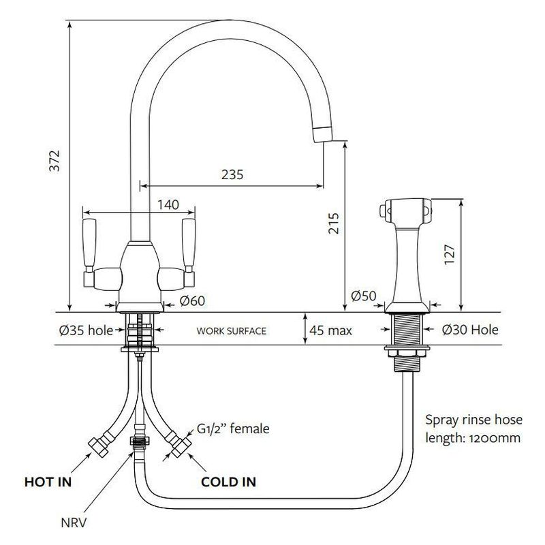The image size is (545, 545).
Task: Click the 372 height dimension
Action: coord(54,161)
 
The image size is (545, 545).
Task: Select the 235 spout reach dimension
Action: coord(232,174)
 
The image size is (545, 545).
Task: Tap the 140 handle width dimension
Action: coord(168,205)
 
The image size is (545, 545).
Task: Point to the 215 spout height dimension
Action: coord(334,223)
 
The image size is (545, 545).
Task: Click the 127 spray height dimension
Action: coord(450,254)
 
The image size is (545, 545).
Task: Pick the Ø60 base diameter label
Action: coord(193,301)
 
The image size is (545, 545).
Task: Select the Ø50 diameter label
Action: coord(364,296)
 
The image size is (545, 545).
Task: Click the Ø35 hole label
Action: coord(87,330)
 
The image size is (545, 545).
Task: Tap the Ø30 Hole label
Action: coord(470,330)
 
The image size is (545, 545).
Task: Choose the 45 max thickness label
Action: coord(330,330)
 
